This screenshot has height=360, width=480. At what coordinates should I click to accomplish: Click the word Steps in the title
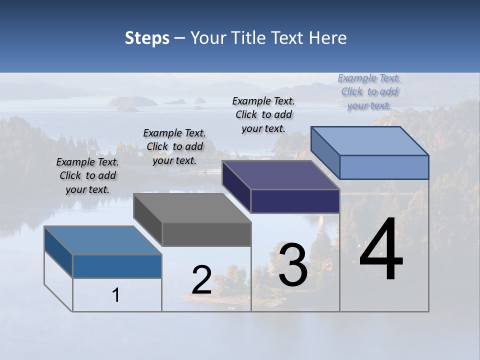click(147, 38)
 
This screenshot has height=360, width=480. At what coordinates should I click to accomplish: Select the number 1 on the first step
click(116, 295)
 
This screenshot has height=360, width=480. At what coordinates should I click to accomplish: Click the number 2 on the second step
click(201, 280)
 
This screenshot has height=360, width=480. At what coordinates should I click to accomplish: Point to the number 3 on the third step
click(293, 265)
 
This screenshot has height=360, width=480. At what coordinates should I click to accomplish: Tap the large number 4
click(381, 249)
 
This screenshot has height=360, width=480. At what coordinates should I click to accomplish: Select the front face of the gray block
click(206, 234)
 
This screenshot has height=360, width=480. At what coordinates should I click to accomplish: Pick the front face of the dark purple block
click(295, 201)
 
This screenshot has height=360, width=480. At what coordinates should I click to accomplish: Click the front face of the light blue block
click(384, 167)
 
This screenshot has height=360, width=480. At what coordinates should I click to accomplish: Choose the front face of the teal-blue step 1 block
click(117, 266)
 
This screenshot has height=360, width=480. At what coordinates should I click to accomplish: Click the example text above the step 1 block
click(87, 175)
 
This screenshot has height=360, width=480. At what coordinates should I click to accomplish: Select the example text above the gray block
click(174, 146)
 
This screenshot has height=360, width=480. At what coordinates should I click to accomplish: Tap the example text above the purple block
click(263, 114)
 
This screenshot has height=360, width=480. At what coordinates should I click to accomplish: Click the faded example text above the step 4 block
click(369, 91)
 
